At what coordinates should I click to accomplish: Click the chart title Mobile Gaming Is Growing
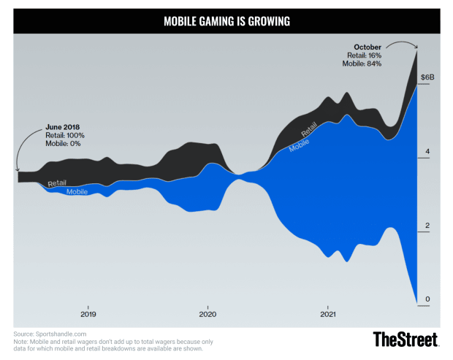click(226, 21)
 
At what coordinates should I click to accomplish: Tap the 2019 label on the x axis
click(88, 315)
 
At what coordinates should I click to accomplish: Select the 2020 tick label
click(208, 315)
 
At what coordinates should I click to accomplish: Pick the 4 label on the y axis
click(427, 152)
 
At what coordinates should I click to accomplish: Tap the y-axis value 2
click(427, 226)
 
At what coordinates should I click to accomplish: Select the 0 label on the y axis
click(427, 299)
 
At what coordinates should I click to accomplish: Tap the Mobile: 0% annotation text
click(63, 144)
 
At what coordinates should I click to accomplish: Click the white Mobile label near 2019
click(77, 191)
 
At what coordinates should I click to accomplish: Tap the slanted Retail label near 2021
click(309, 130)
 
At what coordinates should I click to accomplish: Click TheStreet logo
click(406, 339)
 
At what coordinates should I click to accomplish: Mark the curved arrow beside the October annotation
click(402, 45)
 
